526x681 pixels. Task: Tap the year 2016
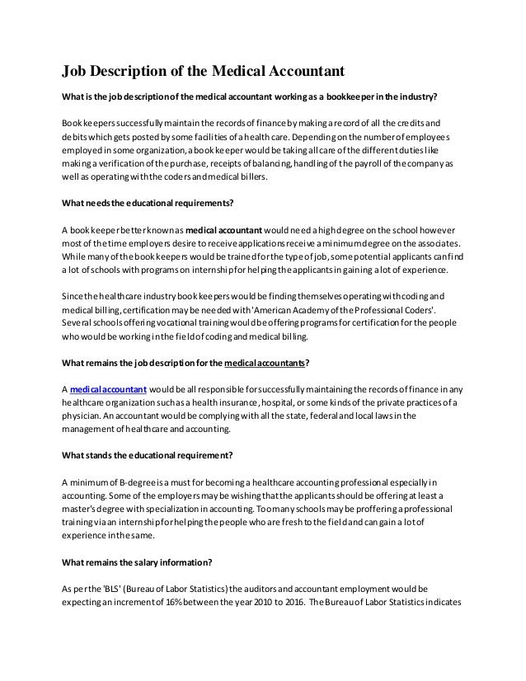(x=354, y=604)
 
